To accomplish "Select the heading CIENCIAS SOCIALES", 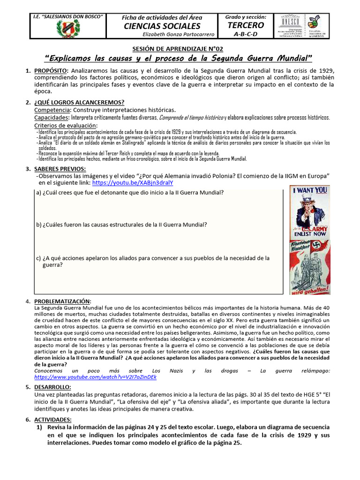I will pyautogui.click(x=162, y=26).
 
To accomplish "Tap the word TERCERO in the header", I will pyautogui.click(x=246, y=25).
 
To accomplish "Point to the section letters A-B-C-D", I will pyautogui.click(x=246, y=34).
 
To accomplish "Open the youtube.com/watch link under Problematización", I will pyautogui.click(x=96, y=376).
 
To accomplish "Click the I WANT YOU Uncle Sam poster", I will pyautogui.click(x=309, y=212).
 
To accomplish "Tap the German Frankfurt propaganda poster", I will pyautogui.click(x=309, y=267).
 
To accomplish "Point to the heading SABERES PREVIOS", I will pyautogui.click(x=60, y=168).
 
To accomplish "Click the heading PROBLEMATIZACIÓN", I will pyautogui.click(x=63, y=301).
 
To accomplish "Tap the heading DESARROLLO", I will pyautogui.click(x=52, y=387).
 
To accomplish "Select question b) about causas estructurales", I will pyautogui.click(x=121, y=225).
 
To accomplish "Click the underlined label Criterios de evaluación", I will pyautogui.click(x=66, y=126).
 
